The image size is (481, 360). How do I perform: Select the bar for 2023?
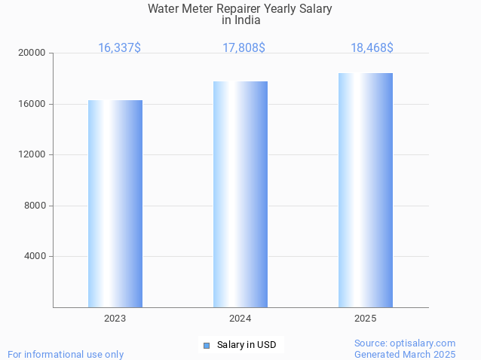115,203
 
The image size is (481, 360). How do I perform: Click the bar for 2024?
240,194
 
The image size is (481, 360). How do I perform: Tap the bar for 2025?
366,190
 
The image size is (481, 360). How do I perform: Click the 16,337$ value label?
119,47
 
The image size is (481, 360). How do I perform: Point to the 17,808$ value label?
244,47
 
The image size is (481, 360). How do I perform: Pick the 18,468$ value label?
372,47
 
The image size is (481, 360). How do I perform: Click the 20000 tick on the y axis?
32,53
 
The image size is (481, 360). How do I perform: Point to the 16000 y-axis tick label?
32,104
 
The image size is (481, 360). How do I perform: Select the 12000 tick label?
32,155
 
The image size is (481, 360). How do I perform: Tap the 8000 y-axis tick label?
35,206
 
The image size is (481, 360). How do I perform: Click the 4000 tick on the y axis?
35,257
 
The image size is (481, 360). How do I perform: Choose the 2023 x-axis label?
115,319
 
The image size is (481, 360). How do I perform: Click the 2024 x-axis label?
240,319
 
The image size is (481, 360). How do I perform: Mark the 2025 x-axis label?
366,319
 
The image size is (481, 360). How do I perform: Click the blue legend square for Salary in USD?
206,346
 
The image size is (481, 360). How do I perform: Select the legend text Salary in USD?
247,346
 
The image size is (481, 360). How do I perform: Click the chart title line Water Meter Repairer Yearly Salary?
240,9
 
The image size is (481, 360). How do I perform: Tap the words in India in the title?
240,20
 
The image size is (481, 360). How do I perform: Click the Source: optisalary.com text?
405,343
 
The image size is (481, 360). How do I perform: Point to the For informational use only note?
66,354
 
